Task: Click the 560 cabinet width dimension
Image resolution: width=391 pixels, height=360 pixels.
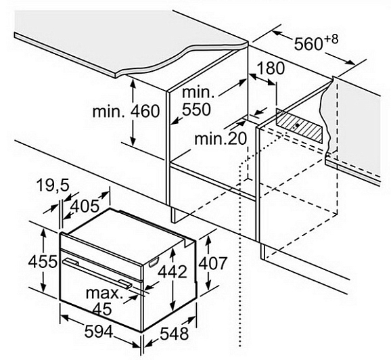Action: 308,45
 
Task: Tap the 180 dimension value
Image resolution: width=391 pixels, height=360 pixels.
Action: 271,68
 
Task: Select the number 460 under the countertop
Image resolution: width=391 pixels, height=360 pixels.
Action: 145,111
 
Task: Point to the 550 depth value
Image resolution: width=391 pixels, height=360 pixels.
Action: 196,109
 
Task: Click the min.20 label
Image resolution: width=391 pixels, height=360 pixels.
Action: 221,139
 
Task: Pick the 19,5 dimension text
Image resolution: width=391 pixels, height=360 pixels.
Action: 53,185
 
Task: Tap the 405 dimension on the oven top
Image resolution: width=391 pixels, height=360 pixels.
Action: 85,206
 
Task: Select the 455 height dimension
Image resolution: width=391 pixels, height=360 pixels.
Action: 43,262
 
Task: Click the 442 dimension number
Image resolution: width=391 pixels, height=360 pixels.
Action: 172,271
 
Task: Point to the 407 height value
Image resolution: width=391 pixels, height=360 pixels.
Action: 212,263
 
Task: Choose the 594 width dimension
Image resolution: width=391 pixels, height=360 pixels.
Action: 99,332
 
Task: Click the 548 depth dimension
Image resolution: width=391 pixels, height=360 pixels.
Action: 174,334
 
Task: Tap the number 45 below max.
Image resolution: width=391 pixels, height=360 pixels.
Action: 102,309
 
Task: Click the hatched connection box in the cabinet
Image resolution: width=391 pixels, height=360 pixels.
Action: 299,125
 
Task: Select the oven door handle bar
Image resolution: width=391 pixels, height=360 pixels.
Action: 97,273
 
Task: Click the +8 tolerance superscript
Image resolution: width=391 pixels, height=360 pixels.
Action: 331,40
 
